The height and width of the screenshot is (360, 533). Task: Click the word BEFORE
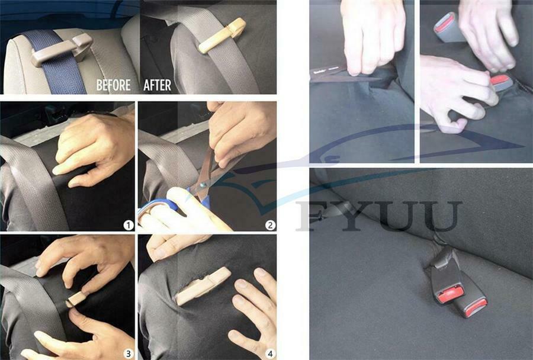114,85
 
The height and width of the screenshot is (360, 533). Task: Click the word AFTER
157,85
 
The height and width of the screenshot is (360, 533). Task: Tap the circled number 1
128,225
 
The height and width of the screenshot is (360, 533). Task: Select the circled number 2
270,225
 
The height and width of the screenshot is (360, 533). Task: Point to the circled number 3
128,353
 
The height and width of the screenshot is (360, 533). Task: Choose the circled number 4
270,353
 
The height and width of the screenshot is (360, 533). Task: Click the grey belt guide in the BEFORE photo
61,50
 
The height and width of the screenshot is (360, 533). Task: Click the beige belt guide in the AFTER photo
222,36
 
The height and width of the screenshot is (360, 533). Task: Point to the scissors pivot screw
203,185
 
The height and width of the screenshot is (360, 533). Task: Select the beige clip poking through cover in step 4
203,286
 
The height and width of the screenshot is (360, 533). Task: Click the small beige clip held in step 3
76,299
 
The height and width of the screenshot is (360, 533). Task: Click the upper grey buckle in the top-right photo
448,27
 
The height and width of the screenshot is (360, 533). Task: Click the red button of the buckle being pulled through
500,80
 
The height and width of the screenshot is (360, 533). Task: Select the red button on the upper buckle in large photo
451,294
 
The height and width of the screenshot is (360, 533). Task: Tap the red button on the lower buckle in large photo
476,307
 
